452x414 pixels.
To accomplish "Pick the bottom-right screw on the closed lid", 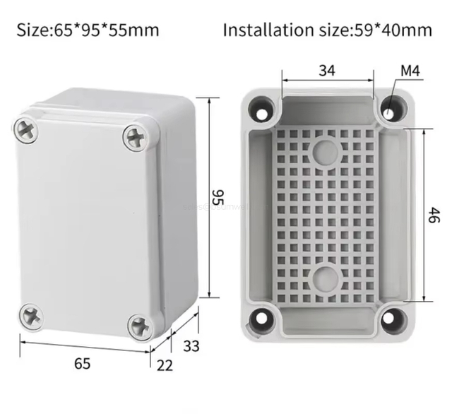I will click(138, 325).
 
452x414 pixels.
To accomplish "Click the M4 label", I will click(410, 71).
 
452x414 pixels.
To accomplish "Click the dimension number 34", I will click(326, 70).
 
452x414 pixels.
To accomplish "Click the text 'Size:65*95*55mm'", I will click(88, 30).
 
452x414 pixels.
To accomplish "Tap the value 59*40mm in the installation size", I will click(396, 30).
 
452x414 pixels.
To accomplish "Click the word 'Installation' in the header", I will click(265, 30).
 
